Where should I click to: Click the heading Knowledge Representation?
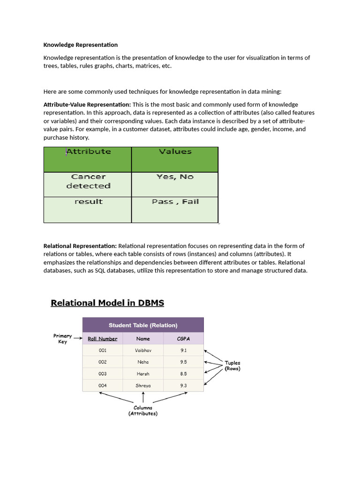point(80,45)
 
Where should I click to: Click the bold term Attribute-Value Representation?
point(87,105)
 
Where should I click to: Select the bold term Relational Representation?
point(80,246)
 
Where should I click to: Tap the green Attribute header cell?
point(88,159)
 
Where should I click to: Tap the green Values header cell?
point(175,159)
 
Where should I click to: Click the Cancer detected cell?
point(88,182)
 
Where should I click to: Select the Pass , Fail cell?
point(175,202)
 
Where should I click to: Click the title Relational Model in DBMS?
point(107,303)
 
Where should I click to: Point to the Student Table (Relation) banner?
point(143,325)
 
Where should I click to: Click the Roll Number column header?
point(102,338)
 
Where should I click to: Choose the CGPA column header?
point(183,338)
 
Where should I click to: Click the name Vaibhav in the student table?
point(143,350)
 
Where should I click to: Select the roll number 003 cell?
point(102,374)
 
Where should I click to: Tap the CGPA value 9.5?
point(183,362)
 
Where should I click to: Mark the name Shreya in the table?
point(143,385)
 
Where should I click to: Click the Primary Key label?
point(62,338)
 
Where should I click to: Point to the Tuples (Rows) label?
point(232,366)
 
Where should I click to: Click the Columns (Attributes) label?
point(143,411)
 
